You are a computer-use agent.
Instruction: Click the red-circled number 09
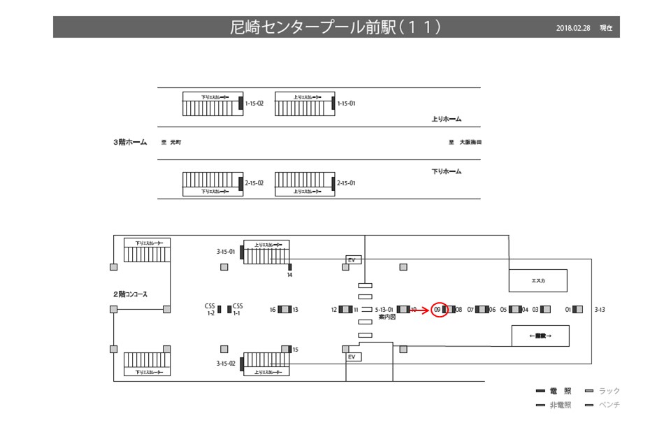point(438,309)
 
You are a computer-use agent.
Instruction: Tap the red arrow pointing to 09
point(419,309)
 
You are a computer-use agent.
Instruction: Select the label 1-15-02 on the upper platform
point(254,103)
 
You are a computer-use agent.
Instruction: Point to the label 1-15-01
point(347,103)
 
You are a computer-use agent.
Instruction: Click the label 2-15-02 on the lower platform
point(254,183)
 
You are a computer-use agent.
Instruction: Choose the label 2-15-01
point(347,183)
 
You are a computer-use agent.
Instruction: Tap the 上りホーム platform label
point(447,119)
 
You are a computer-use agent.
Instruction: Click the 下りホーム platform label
point(447,171)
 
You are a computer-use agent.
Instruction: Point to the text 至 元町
point(171,142)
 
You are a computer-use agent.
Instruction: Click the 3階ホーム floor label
point(130,142)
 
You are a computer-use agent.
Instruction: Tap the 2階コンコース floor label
point(130,294)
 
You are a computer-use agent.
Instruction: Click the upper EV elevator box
point(353,260)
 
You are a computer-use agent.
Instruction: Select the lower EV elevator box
point(353,357)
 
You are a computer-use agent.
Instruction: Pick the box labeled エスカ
point(537,280)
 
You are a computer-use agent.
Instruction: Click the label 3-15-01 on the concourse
point(226,251)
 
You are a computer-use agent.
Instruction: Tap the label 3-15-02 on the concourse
point(226,364)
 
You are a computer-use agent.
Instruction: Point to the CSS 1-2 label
point(210,310)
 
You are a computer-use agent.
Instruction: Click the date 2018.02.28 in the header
point(574,28)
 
